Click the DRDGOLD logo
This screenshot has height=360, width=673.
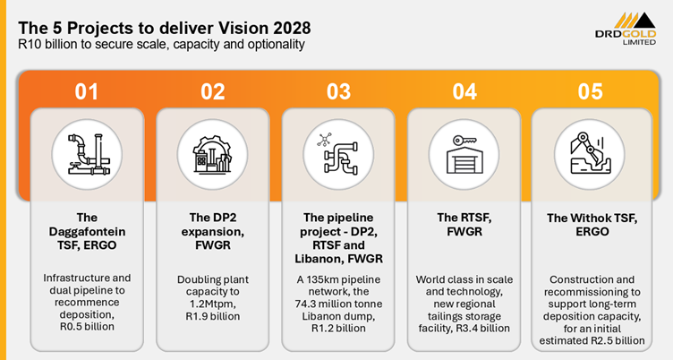pyautogui.click(x=626, y=29)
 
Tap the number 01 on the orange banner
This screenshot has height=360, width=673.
pyautogui.click(x=86, y=91)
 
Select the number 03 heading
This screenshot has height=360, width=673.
pyautogui.click(x=338, y=91)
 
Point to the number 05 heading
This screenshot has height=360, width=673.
pyautogui.click(x=590, y=91)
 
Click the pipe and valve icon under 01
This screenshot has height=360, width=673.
pyautogui.click(x=89, y=154)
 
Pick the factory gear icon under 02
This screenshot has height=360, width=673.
pyautogui.click(x=212, y=154)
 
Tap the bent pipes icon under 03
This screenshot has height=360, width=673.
pyautogui.click(x=337, y=155)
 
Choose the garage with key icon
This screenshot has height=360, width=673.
pyautogui.click(x=464, y=154)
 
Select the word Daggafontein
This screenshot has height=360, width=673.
pyautogui.click(x=87, y=232)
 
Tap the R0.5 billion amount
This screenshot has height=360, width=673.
pyautogui.click(x=87, y=327)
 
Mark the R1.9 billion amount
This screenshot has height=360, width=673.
pyautogui.click(x=212, y=317)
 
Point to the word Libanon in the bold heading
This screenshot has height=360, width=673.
pyautogui.click(x=317, y=259)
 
